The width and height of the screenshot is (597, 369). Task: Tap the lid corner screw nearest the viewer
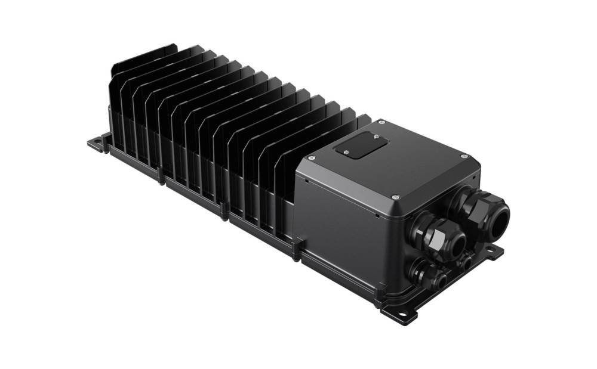click(x=395, y=197)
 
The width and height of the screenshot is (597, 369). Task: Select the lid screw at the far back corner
click(x=381, y=122)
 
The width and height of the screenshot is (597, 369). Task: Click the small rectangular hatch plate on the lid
click(x=362, y=145)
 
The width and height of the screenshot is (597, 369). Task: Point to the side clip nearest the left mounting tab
click(x=160, y=177)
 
